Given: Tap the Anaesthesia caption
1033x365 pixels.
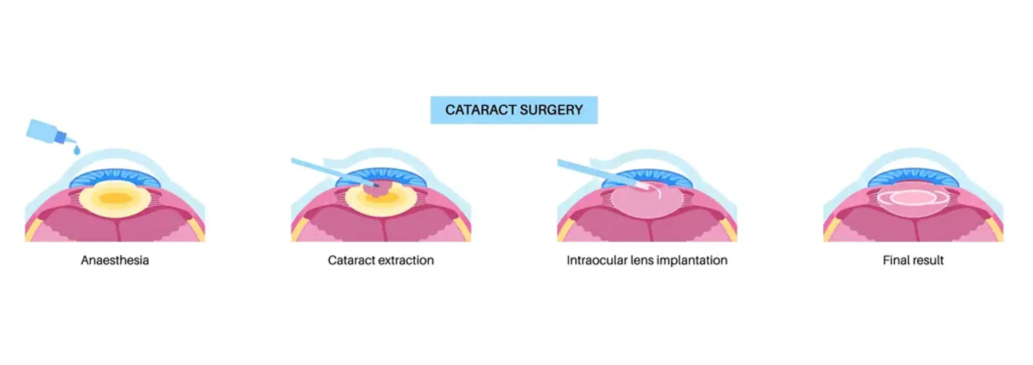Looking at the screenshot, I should click(115, 260).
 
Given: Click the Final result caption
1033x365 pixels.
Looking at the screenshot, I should click(913, 260).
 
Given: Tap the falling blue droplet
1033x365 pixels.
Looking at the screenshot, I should click(77, 150).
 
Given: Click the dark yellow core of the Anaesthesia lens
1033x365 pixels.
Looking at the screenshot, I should click(115, 198).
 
